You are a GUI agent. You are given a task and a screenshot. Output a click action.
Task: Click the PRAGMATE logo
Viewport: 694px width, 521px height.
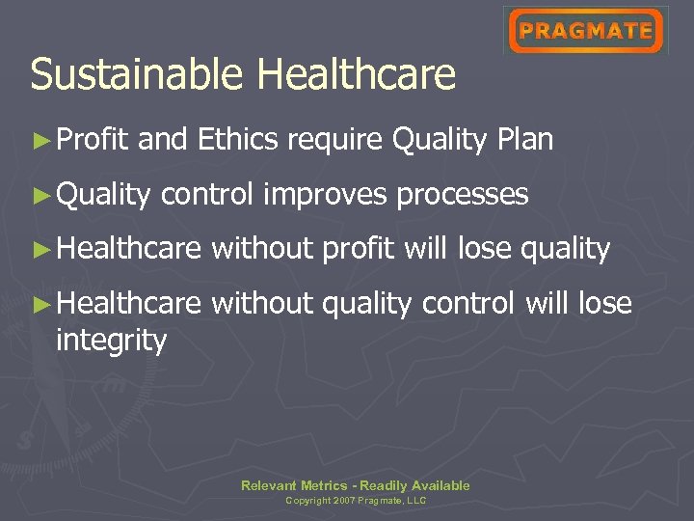coord(586,31)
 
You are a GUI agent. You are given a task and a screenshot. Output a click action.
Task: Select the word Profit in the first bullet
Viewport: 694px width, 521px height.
coord(92,140)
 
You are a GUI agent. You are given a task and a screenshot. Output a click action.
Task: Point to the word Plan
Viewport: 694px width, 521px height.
coord(525,140)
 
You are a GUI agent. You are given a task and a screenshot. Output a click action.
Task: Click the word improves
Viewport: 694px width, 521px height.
coord(325,195)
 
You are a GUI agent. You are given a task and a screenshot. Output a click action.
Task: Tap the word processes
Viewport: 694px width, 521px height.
coord(463,195)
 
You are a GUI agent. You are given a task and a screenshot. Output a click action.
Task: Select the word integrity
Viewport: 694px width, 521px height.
coord(111,340)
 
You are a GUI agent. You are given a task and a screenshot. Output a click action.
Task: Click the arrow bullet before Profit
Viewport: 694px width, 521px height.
coord(40,141)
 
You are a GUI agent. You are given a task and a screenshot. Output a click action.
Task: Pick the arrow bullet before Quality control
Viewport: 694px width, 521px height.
coord(40,196)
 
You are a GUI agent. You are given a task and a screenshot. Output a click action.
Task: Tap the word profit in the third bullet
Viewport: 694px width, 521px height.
coord(358,250)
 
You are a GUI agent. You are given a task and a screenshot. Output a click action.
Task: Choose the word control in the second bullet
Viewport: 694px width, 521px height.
coord(207,195)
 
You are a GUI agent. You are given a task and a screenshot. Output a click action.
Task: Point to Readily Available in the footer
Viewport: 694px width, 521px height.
coord(414,485)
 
